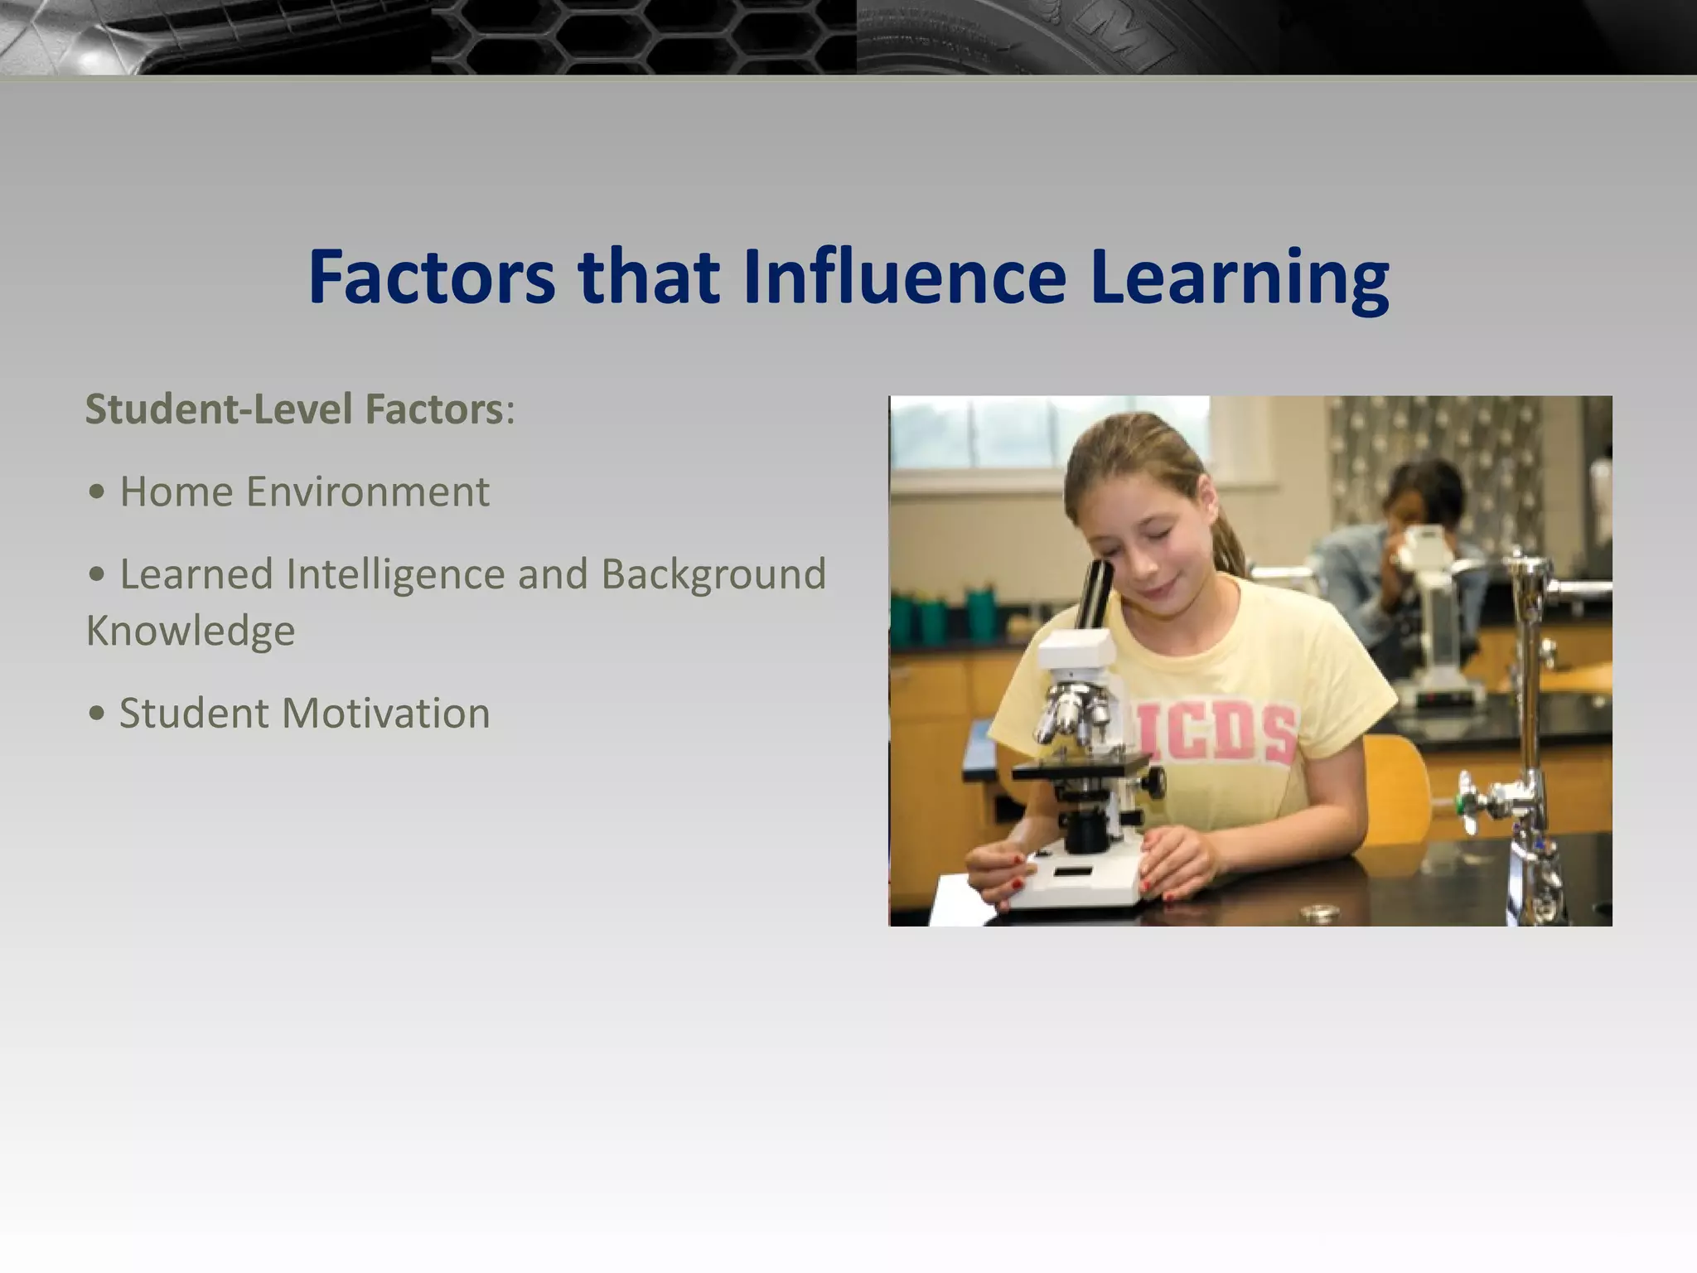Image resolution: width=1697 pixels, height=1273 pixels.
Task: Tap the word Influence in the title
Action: pos(904,277)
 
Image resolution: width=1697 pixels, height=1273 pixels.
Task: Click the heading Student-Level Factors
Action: pos(294,409)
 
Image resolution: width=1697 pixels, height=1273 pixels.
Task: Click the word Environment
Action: pos(367,491)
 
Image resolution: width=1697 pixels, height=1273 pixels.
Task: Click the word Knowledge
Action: pos(191,631)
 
